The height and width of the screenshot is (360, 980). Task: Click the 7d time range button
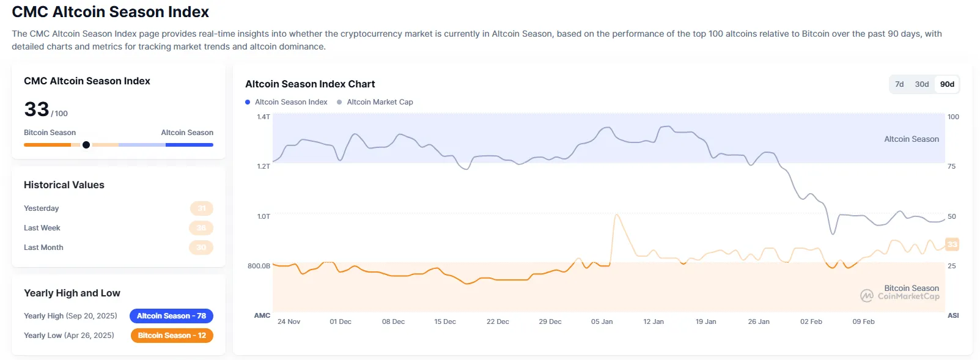[x=899, y=84]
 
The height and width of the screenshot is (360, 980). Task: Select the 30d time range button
[x=921, y=84]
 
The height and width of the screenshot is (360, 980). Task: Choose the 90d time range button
[x=947, y=84]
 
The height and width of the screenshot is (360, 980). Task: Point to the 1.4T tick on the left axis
[x=263, y=117]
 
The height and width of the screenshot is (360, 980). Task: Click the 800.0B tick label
[x=259, y=266]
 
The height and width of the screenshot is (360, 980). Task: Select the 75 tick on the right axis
[x=951, y=166]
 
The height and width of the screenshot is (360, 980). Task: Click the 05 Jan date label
[x=602, y=321]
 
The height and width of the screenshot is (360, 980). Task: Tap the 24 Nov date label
[x=289, y=321]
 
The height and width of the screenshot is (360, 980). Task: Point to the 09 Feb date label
[x=863, y=321]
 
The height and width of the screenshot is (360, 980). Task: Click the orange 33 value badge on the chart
[x=952, y=244]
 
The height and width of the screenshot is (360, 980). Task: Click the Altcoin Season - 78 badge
[x=171, y=316]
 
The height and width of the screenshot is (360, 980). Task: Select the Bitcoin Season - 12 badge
[x=172, y=336]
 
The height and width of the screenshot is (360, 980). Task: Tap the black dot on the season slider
[x=86, y=145]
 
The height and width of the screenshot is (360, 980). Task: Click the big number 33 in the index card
[x=37, y=109]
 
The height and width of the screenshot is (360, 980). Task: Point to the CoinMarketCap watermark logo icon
[x=866, y=296]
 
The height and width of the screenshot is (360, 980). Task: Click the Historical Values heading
[x=64, y=185]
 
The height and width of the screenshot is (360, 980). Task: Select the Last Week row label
[x=42, y=228]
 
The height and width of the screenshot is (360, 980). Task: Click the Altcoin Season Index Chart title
[x=310, y=84]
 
